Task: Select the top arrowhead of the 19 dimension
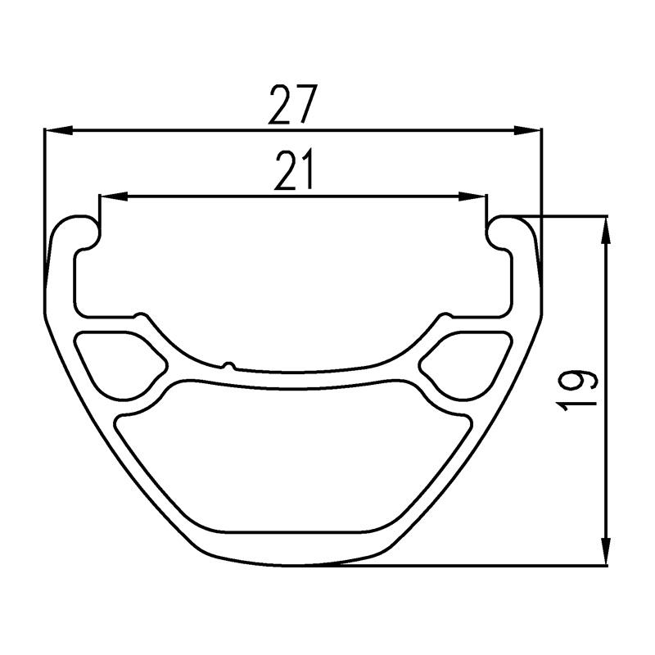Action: (606, 231)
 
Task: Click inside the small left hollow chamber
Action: (119, 360)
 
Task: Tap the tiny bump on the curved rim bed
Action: (230, 364)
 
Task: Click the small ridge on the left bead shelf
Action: (141, 314)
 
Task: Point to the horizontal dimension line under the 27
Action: (205, 130)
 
